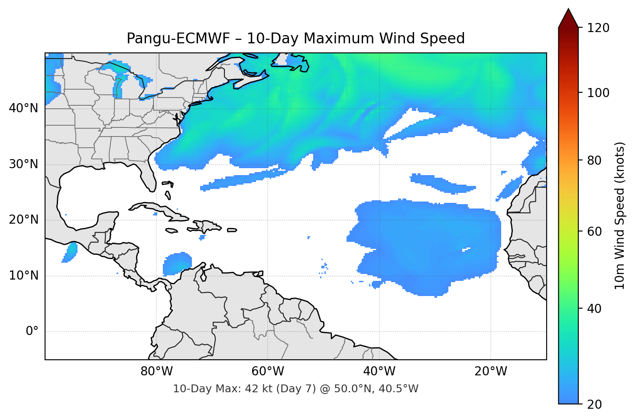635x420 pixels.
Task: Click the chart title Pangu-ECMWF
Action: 295,39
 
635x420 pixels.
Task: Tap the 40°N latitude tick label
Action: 23,108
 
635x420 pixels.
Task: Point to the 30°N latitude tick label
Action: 23,164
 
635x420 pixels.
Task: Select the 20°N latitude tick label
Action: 23,220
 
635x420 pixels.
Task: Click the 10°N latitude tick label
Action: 23,276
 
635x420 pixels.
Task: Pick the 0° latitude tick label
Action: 32,332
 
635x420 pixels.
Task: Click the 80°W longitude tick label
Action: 156,371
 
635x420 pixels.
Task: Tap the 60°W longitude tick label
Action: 268,371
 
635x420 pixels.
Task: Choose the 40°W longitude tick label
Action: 379,371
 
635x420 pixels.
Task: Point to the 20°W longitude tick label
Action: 490,371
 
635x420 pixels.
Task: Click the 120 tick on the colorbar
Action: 598,28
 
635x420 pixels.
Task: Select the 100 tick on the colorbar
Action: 598,93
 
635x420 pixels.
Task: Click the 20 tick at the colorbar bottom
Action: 594,404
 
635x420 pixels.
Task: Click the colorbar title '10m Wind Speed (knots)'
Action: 620,215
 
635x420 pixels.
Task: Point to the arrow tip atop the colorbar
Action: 568,9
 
